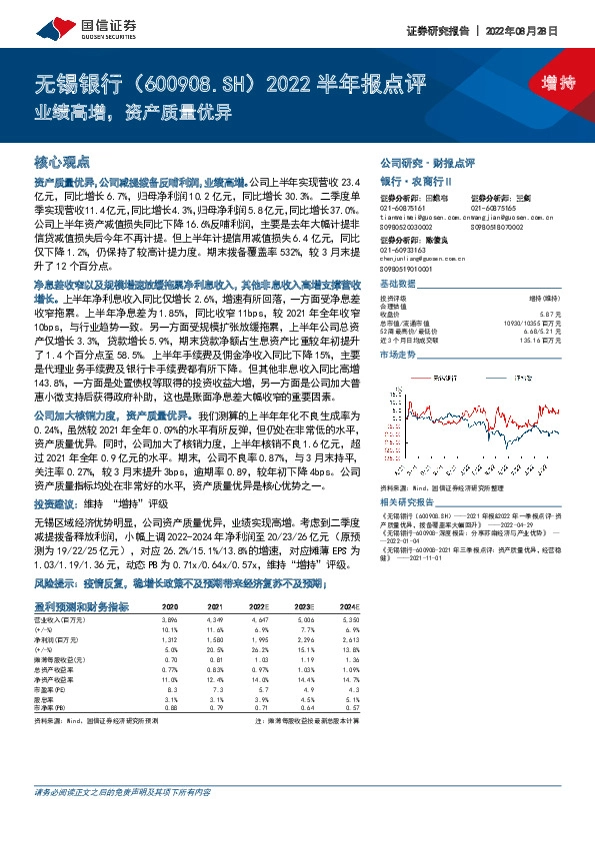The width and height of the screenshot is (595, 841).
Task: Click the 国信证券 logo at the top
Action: click(x=63, y=23)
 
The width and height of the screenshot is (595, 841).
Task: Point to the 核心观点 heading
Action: click(x=62, y=161)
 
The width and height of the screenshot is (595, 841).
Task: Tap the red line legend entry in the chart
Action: click(x=446, y=377)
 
